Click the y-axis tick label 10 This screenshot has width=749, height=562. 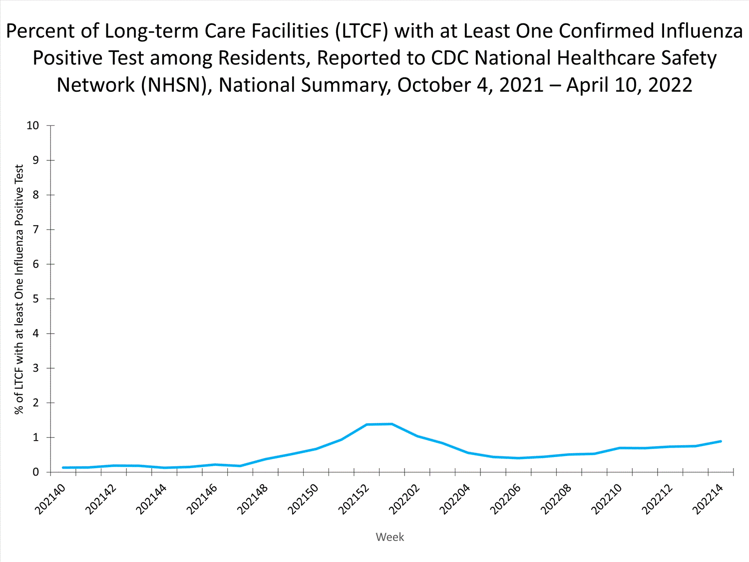coord(32,125)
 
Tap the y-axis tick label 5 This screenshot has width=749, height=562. coord(35,299)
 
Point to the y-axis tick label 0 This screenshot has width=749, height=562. coord(35,472)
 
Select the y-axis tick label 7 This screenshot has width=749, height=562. coord(35,229)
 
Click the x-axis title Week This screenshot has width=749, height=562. coord(389,537)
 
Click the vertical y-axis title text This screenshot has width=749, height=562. coord(19,290)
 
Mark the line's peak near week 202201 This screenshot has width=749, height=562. coord(391,424)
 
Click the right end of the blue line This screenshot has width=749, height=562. coord(721,441)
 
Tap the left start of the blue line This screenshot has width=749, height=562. coord(63,468)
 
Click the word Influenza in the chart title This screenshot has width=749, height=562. coord(702,31)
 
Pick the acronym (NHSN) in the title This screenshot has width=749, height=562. coord(173,85)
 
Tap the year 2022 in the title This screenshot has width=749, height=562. coord(670,85)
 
